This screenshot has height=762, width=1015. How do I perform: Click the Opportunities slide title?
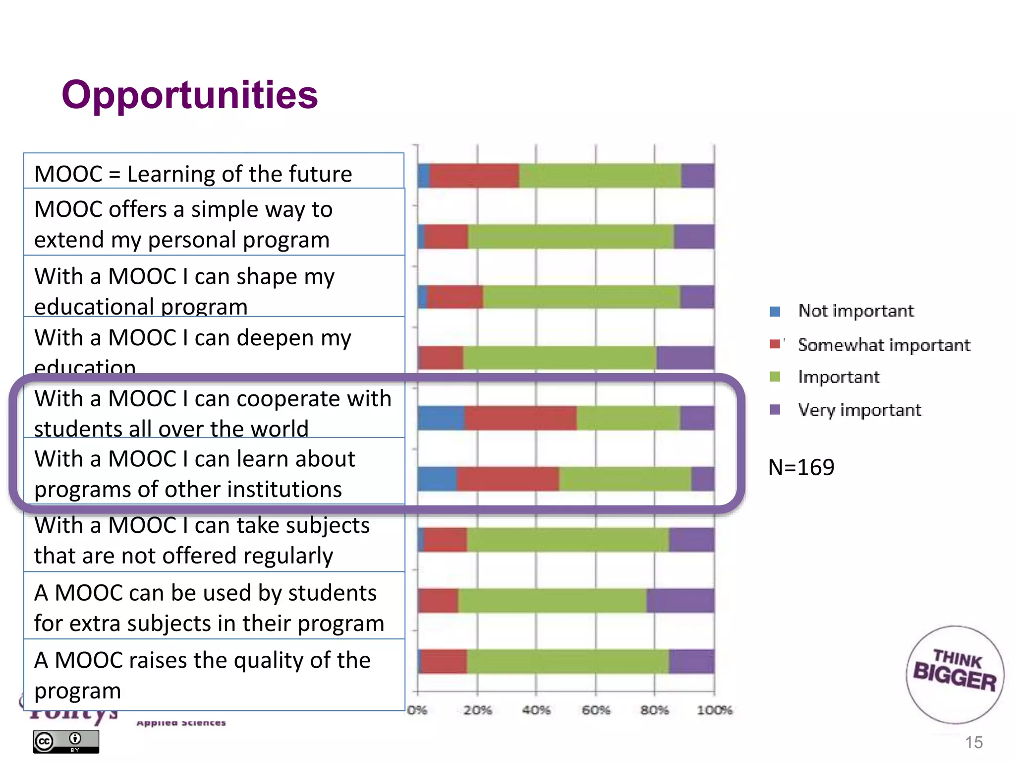coord(189,95)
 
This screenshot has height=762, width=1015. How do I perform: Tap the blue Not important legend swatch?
coord(775,312)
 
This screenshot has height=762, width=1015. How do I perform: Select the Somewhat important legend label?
coord(884,345)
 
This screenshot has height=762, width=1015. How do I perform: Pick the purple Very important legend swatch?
coord(775,409)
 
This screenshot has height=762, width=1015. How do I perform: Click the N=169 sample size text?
coord(801,467)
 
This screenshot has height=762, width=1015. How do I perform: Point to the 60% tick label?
coord(595,710)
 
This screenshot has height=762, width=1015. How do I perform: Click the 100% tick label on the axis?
coord(714,710)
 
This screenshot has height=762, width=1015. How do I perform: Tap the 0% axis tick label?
coord(417,710)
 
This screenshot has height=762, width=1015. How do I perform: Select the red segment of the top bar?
coord(474,176)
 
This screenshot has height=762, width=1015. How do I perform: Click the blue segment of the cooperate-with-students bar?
coord(441,418)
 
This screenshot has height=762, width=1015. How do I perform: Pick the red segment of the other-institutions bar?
coord(508,479)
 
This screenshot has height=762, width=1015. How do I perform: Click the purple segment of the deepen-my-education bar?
coord(685,358)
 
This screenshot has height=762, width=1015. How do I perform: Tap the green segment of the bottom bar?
coord(567,661)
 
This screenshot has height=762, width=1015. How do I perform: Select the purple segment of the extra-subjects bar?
coord(680,600)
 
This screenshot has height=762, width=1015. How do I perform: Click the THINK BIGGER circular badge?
coord(955,674)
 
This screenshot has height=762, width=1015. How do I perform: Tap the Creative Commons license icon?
coord(66,741)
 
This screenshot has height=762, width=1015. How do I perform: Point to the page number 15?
coord(973,742)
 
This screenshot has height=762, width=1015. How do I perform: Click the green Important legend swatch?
coord(775,377)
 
